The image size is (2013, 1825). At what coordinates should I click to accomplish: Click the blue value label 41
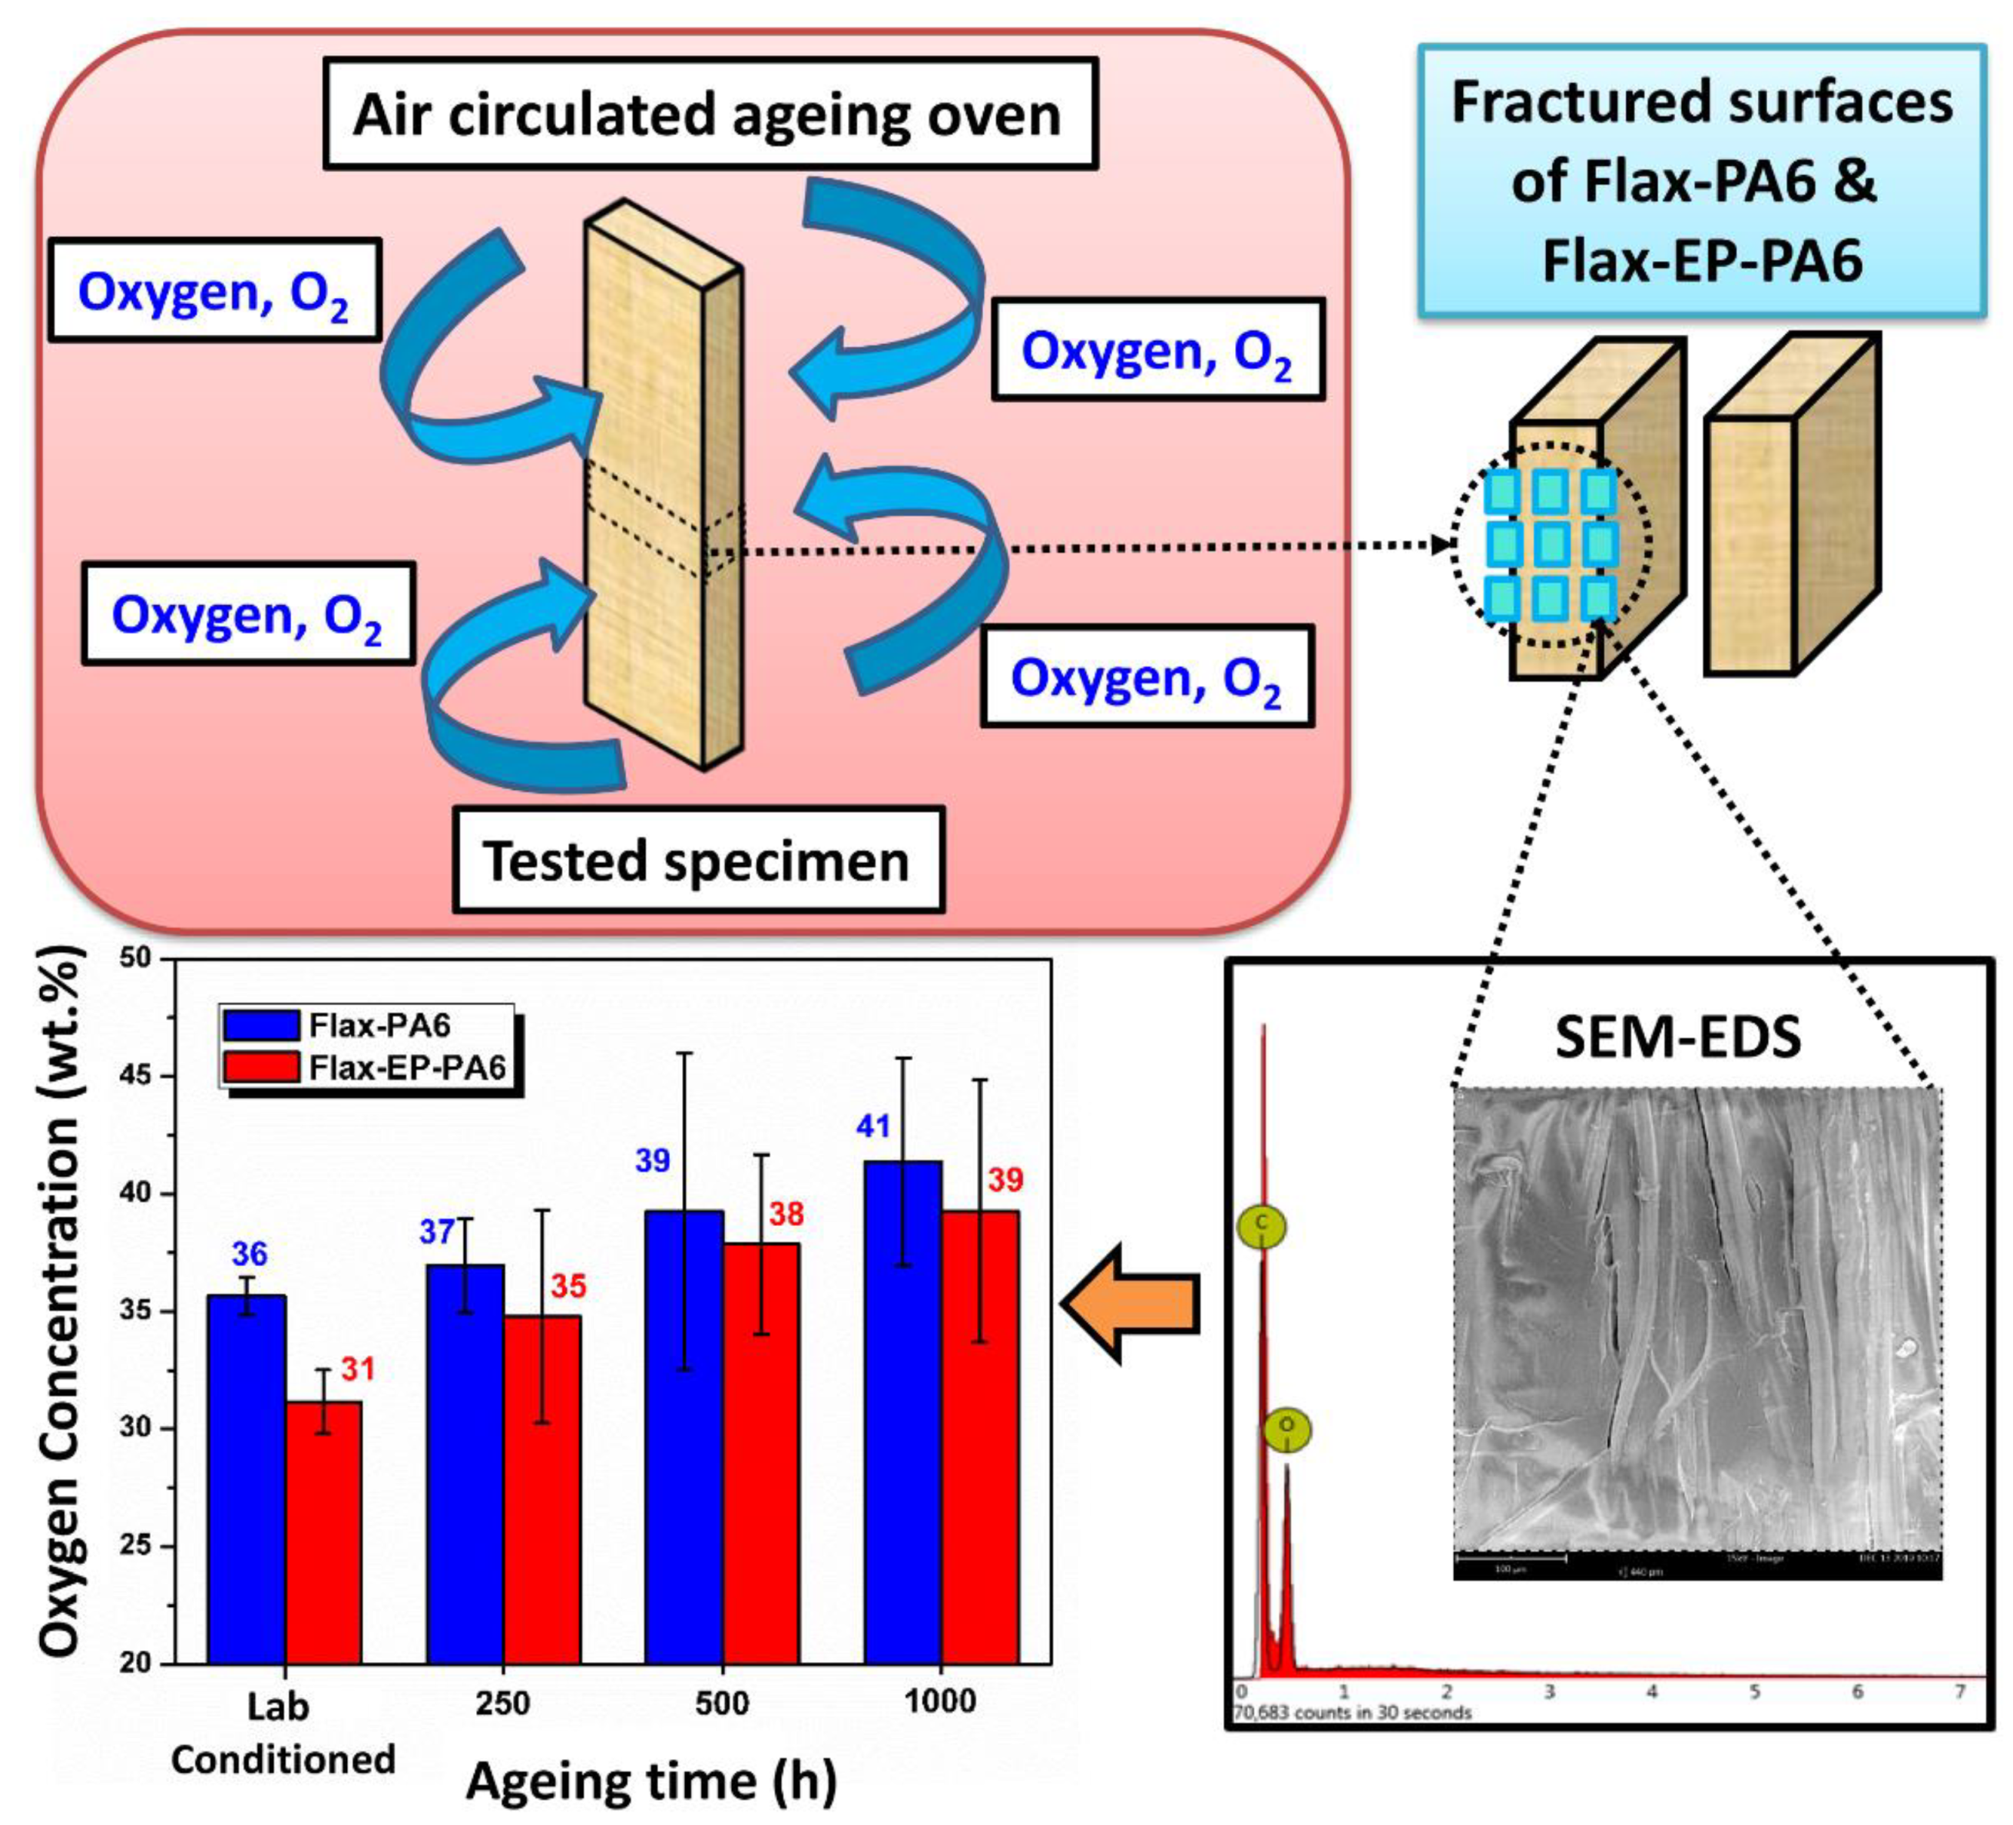tap(874, 1126)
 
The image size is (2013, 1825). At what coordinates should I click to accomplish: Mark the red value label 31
tap(357, 1369)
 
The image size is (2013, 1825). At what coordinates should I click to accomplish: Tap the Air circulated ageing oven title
tap(709, 114)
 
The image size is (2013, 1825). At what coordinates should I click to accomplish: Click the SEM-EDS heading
tap(1677, 1036)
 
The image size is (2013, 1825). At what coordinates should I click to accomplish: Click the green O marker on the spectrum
tap(1287, 1430)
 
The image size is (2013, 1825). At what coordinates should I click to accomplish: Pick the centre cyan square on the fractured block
tap(1551, 544)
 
